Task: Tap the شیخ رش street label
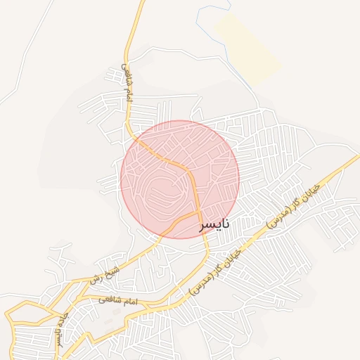105,274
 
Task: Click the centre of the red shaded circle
180,179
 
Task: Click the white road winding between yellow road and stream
183,53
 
